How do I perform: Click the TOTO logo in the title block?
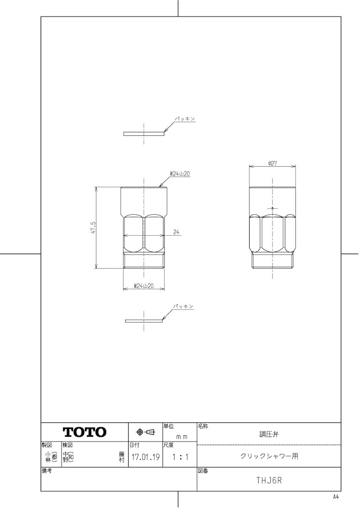(84, 432)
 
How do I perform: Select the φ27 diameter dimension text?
(272, 163)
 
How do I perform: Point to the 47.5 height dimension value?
(93, 228)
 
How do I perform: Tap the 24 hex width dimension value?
(176, 232)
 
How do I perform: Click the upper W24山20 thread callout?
(180, 174)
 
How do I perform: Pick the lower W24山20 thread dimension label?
(144, 286)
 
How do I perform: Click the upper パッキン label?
(185, 119)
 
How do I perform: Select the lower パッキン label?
(183, 306)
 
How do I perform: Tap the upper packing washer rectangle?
(144, 134)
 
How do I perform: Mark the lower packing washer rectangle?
(144, 321)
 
